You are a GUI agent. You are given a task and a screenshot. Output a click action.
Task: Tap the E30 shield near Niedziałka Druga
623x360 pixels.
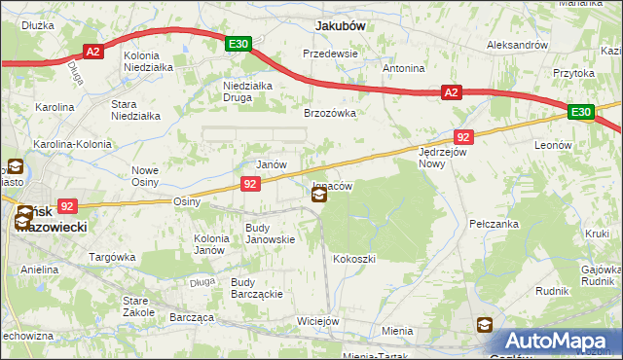(x=239, y=44)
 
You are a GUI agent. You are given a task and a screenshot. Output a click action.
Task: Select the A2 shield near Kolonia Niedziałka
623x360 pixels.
(x=93, y=53)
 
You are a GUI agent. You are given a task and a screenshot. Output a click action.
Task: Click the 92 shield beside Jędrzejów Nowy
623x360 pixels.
(x=463, y=137)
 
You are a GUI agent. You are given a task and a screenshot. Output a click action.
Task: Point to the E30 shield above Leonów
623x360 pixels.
(x=581, y=113)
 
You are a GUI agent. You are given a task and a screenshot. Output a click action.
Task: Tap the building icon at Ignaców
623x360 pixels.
(x=319, y=196)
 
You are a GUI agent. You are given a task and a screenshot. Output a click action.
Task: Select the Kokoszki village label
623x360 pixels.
(x=353, y=259)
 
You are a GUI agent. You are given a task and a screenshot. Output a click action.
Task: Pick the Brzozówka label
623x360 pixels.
(x=330, y=113)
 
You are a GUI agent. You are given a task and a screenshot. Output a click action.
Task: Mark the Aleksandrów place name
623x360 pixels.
(x=517, y=45)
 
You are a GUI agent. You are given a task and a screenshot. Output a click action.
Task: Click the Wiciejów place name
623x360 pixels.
(x=318, y=321)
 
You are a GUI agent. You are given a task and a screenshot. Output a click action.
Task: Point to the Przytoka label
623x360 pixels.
(x=573, y=72)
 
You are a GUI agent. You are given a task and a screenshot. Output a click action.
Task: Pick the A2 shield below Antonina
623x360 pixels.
(x=450, y=92)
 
